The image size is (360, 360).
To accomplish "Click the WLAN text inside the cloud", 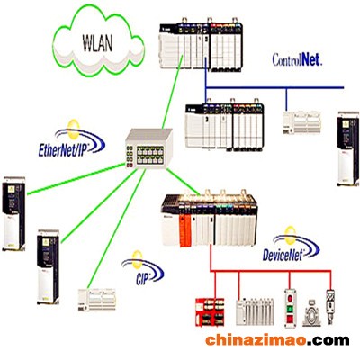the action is click(97, 44).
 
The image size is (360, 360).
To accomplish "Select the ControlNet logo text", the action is click(297, 59).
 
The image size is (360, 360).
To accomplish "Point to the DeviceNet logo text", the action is click(283, 256).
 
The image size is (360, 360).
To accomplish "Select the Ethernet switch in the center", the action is click(148, 148).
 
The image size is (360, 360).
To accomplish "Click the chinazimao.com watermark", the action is click(277, 340).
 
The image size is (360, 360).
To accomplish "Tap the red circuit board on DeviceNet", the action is click(210, 312).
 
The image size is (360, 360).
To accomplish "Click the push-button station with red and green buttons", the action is click(290, 309).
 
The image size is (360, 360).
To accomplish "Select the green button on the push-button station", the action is click(290, 309).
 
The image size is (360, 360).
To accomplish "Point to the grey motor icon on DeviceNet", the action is click(311, 313).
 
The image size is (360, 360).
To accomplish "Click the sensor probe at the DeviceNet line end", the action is click(330, 306).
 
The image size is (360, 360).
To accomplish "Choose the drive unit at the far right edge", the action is click(348, 148).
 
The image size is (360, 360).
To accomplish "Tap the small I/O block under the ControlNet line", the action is click(301, 122).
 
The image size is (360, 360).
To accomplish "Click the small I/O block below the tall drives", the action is click(97, 300).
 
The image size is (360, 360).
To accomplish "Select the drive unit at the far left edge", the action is click(13, 213).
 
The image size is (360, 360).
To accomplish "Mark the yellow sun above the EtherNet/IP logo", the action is click(73, 130).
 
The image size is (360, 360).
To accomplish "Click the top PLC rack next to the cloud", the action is click(201, 45).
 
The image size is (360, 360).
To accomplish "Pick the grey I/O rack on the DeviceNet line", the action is click(255, 311).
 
